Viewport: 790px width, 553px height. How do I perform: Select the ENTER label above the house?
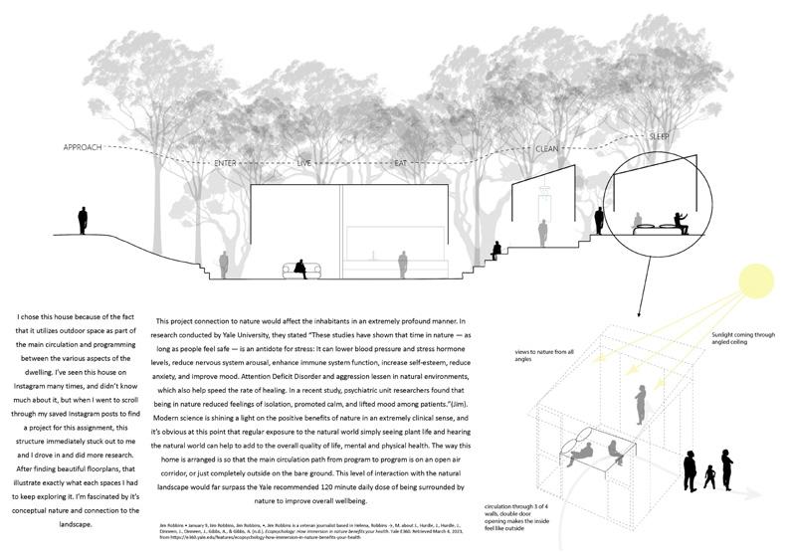click(x=227, y=161)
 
